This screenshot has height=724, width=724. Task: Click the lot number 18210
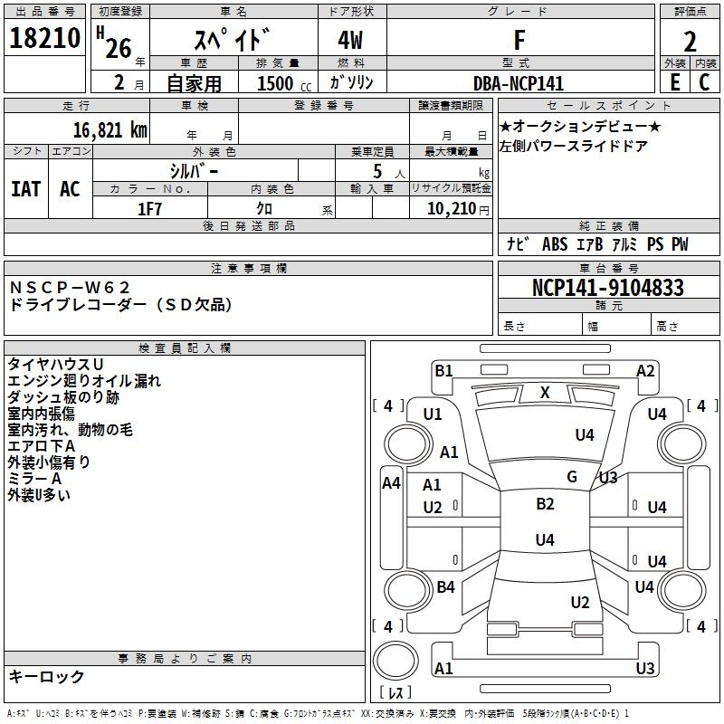[x=44, y=38]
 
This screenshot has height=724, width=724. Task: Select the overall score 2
[x=690, y=42]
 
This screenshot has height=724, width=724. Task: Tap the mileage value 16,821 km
[x=110, y=130]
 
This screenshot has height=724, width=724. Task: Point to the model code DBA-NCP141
[x=519, y=83]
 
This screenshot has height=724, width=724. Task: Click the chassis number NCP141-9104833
[x=607, y=288]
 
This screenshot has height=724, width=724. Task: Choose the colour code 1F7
[x=149, y=209]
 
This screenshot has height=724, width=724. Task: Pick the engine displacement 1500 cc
[x=284, y=83]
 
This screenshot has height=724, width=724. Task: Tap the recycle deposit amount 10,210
[x=452, y=209]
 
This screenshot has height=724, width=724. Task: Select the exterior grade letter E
[x=674, y=82]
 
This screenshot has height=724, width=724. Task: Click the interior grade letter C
[x=704, y=82]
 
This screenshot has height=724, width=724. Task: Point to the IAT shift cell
[x=26, y=189]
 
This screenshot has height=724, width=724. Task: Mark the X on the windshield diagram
[x=545, y=393]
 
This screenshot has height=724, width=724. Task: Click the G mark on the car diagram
[x=572, y=477]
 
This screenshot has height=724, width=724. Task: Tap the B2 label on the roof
[x=545, y=504]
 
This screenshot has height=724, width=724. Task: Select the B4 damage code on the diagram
[x=445, y=586]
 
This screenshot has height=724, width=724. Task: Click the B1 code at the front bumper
[x=443, y=371]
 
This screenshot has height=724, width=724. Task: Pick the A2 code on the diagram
[x=645, y=371]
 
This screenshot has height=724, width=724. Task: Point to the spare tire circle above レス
[x=395, y=661]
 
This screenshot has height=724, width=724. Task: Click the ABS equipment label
[x=555, y=244]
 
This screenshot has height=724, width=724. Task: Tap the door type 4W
[x=350, y=40]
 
